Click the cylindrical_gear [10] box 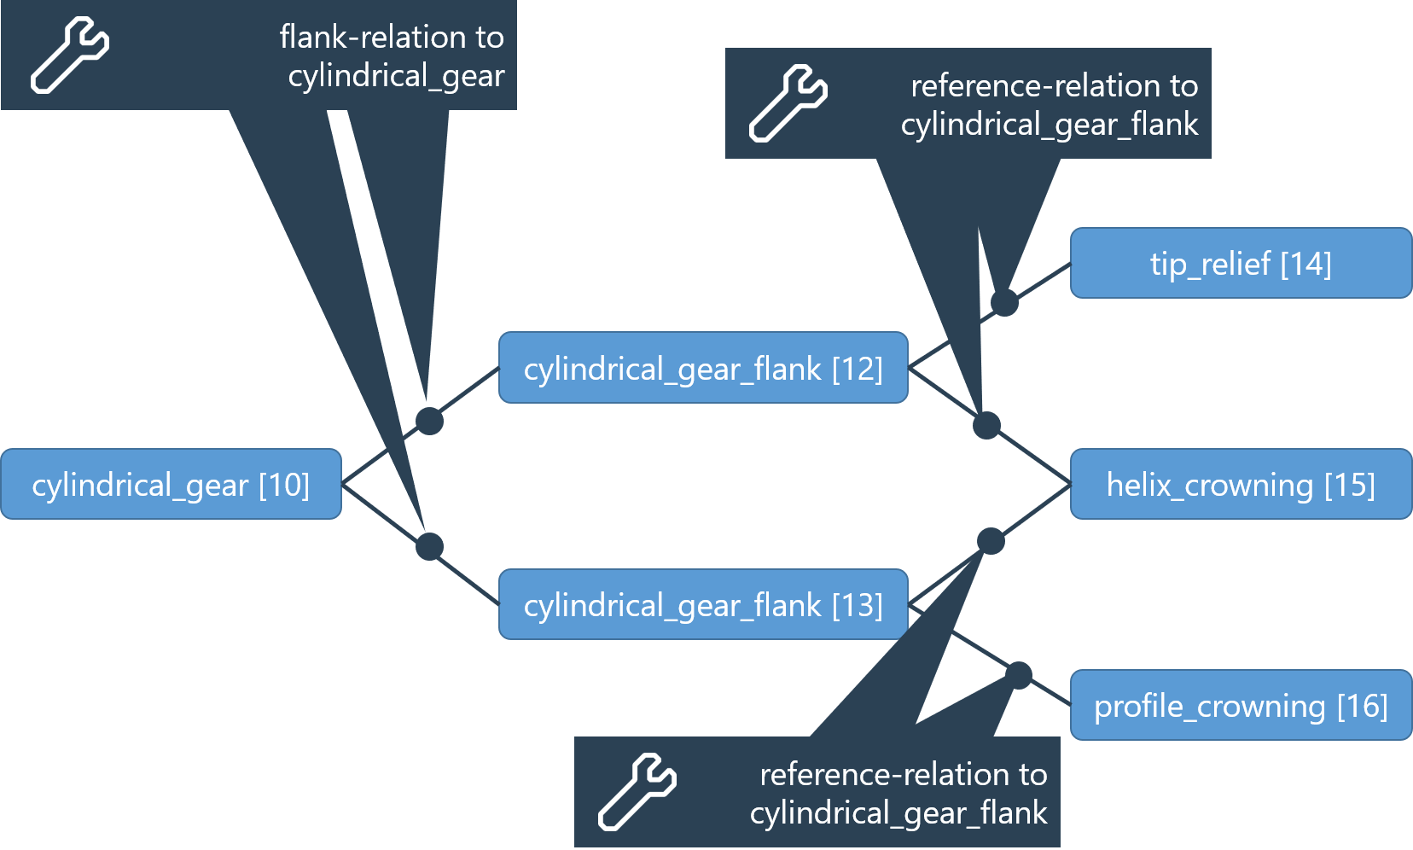171,485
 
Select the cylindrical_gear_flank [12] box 703,368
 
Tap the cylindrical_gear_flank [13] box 703,604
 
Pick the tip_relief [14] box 1241,263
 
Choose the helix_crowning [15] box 1241,485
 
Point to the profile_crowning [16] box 1241,706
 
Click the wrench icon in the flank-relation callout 70,55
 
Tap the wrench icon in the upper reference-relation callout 788,103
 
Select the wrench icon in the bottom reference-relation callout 637,792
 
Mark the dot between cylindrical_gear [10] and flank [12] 429,421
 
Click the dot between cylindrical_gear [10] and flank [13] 429,546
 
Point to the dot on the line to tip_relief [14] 1004,302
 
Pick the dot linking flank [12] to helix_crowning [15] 986,425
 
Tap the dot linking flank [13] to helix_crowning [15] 991,541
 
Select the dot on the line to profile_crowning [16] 1018,675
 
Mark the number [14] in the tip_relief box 1305,264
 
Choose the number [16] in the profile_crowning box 1362,707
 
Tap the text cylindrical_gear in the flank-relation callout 396,76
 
